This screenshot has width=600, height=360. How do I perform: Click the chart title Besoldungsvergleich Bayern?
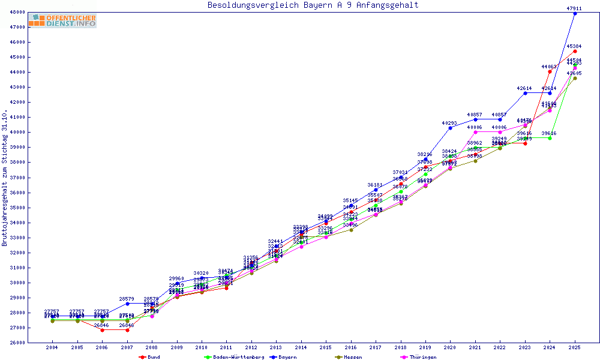tap(313, 5)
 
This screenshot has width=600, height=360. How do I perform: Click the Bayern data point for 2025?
tap(575, 13)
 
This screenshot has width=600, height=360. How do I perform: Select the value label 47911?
tap(575, 8)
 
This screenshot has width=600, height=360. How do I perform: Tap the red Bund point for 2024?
tap(550, 71)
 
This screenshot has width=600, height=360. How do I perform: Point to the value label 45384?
tap(574, 46)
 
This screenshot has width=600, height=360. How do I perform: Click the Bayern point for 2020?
tap(450, 128)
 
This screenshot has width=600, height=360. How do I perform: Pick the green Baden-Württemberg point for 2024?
tap(550, 138)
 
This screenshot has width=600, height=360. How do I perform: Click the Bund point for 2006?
tap(102, 330)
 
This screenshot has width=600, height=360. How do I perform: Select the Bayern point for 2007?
tap(127, 304)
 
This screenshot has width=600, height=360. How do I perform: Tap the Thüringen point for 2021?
tap(475, 132)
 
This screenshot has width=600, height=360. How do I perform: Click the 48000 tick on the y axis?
tap(18, 12)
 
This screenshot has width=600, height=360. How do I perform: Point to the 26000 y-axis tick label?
tap(18, 343)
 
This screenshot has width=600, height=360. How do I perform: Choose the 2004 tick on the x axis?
tap(52, 347)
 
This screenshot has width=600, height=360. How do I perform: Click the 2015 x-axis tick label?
tap(326, 347)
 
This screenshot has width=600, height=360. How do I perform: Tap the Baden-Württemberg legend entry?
tap(235, 357)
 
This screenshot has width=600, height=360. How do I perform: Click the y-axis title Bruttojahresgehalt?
tap(5, 178)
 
